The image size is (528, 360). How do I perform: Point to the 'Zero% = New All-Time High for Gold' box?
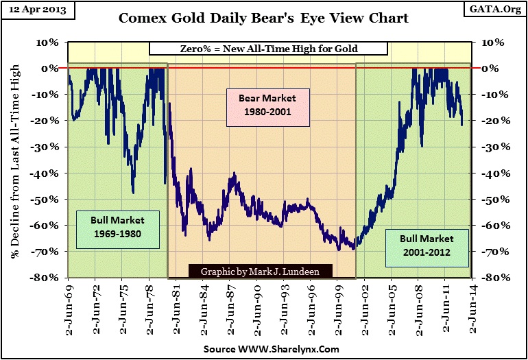(x=268, y=49)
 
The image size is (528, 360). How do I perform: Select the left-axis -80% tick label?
(x=47, y=278)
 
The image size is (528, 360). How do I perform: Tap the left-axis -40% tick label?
(x=47, y=173)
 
